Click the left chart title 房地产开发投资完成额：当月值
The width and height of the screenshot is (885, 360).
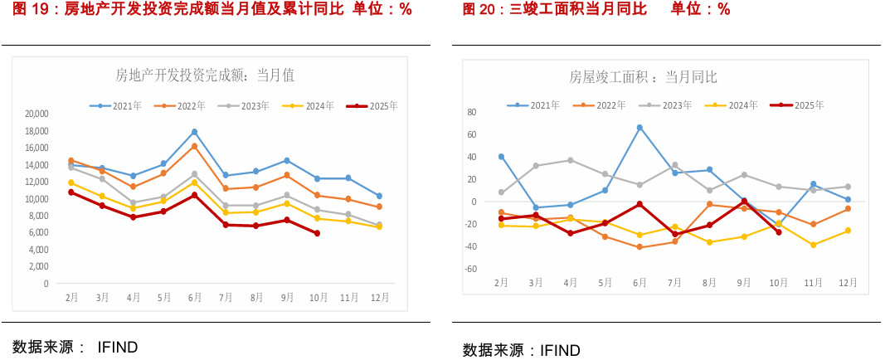[x=205, y=75]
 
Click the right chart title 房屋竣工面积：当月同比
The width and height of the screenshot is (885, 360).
[x=643, y=77]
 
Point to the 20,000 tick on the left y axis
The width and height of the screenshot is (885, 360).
[x=37, y=114]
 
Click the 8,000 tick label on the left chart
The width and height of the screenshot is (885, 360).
[x=39, y=216]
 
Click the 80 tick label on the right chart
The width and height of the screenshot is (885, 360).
[x=473, y=112]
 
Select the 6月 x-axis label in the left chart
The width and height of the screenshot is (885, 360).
[x=195, y=296]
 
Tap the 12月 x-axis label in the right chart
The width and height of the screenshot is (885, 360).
[x=848, y=283]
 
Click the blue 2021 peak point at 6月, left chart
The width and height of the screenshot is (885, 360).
[x=195, y=132]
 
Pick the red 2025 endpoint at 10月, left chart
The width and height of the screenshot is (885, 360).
[x=317, y=233]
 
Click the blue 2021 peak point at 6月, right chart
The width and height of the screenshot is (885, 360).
[x=639, y=128]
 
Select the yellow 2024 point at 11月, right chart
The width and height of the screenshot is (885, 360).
[x=814, y=245]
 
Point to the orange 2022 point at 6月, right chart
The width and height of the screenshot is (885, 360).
[x=639, y=247]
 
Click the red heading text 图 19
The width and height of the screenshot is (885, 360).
[x=28, y=10]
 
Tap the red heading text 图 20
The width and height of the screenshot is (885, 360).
[x=479, y=10]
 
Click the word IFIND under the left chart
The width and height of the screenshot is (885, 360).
[x=117, y=346]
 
